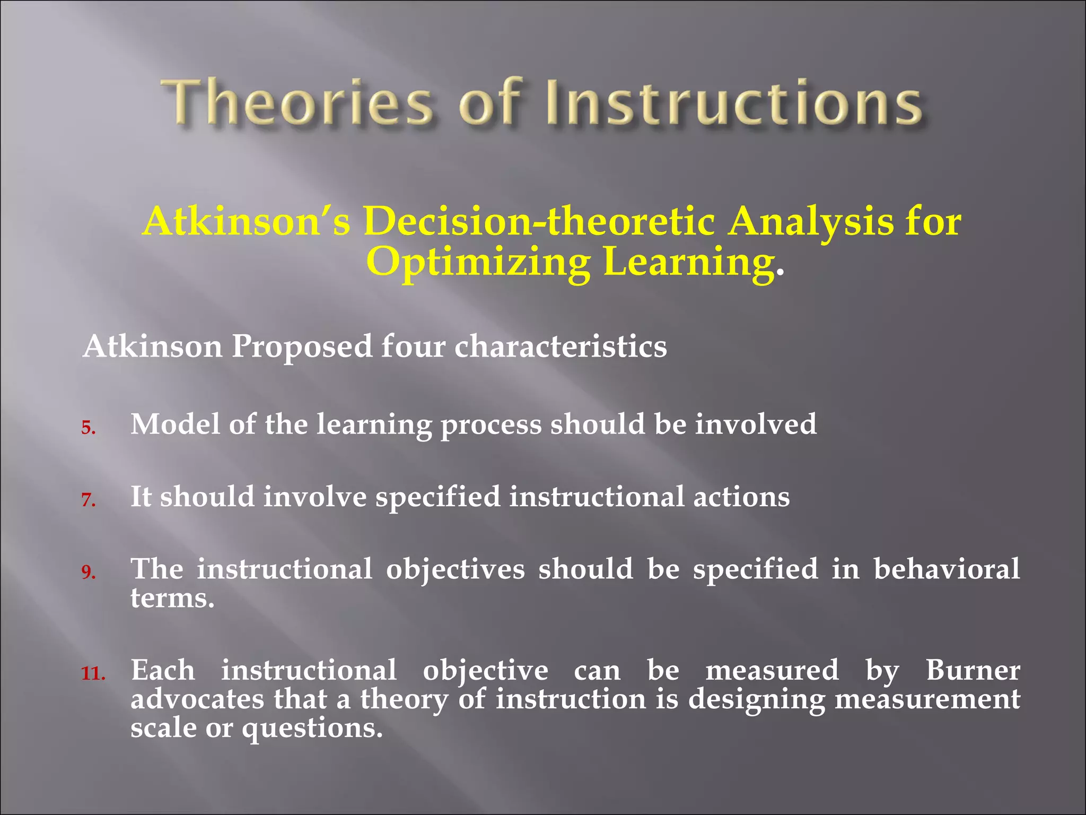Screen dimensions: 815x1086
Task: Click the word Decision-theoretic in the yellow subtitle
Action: point(539,222)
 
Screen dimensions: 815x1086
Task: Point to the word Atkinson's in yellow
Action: point(247,222)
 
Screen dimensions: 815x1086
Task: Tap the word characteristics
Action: point(560,348)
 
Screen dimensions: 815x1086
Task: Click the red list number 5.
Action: point(88,428)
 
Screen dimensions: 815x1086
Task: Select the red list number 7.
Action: point(88,500)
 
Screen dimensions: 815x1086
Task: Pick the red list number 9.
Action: point(88,572)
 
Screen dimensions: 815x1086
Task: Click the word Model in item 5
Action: point(174,424)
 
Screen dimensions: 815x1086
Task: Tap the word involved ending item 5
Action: point(756,424)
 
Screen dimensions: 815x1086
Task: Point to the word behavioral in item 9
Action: point(946,569)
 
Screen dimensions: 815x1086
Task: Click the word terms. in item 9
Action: point(172,598)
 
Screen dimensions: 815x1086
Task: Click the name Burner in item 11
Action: point(973,670)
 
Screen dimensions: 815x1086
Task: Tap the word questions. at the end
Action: point(312,729)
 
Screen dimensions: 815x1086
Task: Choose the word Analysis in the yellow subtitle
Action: point(810,222)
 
